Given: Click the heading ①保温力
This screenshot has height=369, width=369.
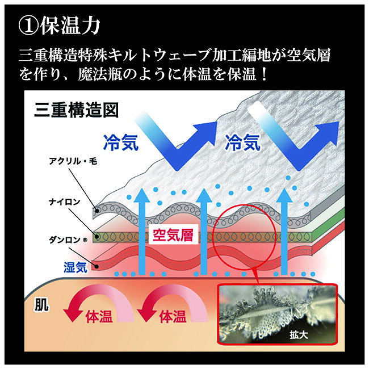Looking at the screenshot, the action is [59, 26].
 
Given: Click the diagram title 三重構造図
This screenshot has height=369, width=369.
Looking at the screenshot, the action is [76, 110].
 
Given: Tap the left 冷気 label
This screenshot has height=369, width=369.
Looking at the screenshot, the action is [120, 142].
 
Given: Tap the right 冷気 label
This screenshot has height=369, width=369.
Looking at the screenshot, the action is [242, 142].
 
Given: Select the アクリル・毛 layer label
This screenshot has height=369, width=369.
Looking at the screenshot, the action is [73, 161].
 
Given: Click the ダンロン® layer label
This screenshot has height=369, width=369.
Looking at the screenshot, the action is [68, 240].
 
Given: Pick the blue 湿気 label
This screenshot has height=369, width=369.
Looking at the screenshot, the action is [76, 267].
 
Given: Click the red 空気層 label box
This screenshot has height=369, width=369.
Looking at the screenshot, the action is [173, 235].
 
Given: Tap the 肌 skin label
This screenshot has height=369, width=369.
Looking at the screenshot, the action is [41, 305].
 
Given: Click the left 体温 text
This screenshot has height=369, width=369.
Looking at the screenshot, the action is [99, 316].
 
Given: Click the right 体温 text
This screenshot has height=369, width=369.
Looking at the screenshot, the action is [173, 316].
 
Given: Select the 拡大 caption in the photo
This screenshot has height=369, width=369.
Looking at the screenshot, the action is [299, 335].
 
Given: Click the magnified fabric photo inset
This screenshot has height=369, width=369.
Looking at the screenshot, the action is [277, 315].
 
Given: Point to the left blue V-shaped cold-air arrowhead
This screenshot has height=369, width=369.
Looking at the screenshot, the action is [205, 133].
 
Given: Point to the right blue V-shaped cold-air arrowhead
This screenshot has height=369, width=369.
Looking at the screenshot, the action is [327, 133].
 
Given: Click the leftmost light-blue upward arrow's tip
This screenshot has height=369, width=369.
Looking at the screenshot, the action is [141, 188].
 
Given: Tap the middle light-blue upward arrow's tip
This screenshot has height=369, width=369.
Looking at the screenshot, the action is [204, 188].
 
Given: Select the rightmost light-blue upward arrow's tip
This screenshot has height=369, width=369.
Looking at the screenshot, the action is [284, 188].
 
